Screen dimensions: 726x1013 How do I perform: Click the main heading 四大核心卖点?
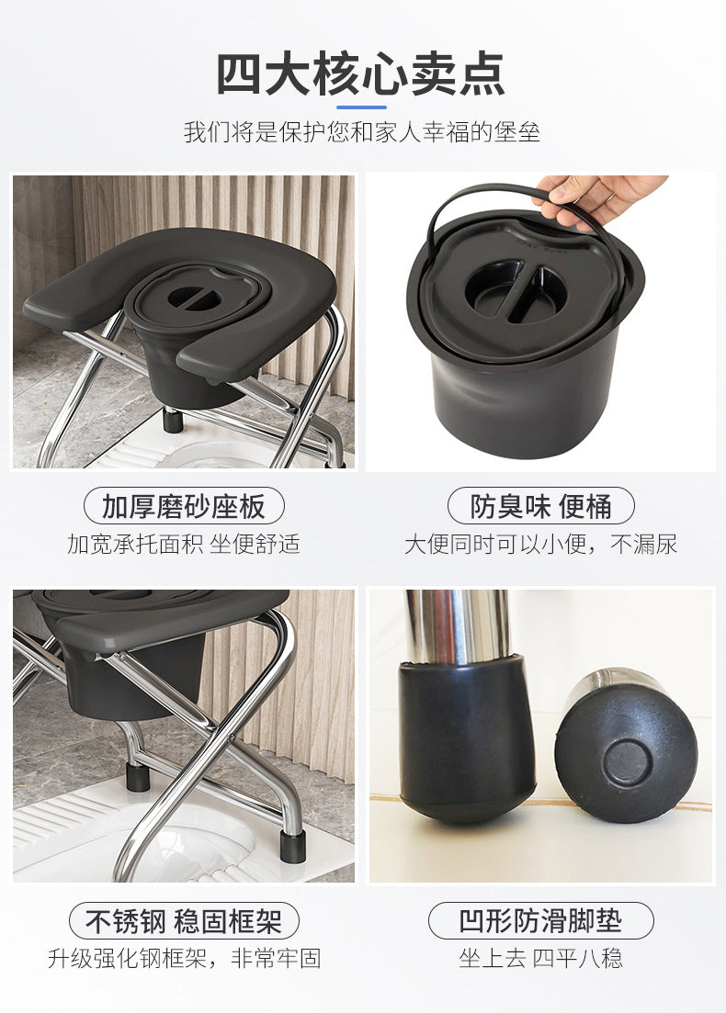pyautogui.click(x=360, y=75)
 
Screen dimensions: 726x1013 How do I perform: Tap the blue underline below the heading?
pyautogui.click(x=361, y=107)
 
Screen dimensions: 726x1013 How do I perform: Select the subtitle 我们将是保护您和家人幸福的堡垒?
pyautogui.click(x=362, y=132)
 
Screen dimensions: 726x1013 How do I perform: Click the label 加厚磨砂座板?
pyautogui.click(x=184, y=507)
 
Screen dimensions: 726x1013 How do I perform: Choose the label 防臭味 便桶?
pyautogui.click(x=540, y=507)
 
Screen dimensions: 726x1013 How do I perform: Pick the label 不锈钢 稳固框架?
pyautogui.click(x=184, y=920)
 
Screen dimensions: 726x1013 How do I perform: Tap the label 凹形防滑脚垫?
pyautogui.click(x=540, y=920)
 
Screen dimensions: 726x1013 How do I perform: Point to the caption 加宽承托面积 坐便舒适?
pyautogui.click(x=184, y=544)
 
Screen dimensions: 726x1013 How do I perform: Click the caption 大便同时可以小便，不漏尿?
pyautogui.click(x=540, y=544)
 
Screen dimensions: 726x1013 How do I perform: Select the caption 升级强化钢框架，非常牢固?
pyautogui.click(x=184, y=958)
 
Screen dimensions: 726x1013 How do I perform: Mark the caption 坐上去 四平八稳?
pyautogui.click(x=540, y=958)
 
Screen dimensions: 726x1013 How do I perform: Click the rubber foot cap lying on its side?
pyautogui.click(x=625, y=748)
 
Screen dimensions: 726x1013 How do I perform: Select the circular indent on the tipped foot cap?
pyautogui.click(x=625, y=763)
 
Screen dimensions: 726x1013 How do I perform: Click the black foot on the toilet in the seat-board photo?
pyautogui.click(x=172, y=420)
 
